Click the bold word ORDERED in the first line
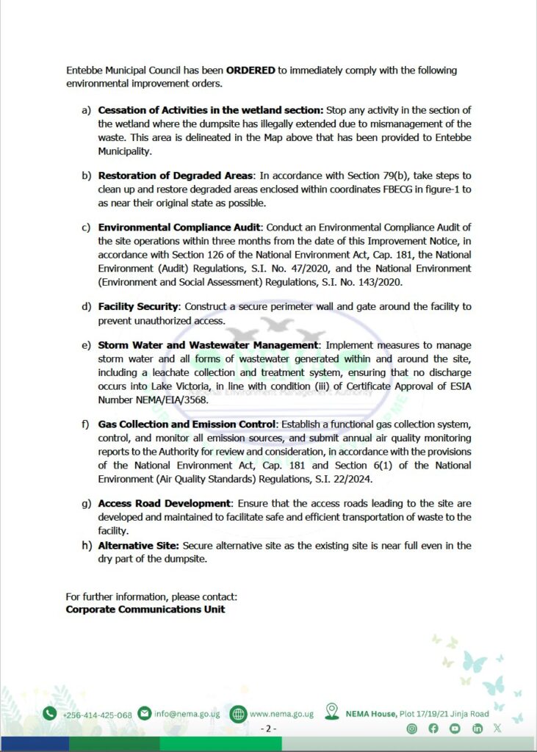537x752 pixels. (251, 70)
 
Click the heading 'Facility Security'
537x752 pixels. (138, 306)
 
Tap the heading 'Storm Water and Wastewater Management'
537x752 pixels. (209, 345)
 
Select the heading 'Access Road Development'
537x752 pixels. (165, 504)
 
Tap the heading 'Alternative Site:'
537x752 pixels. (138, 546)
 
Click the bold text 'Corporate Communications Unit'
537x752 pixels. (145, 610)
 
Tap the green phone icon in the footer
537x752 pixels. (49, 713)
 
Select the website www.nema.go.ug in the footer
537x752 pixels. (281, 714)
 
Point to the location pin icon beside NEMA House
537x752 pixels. (332, 712)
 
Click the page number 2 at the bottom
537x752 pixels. (268, 728)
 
